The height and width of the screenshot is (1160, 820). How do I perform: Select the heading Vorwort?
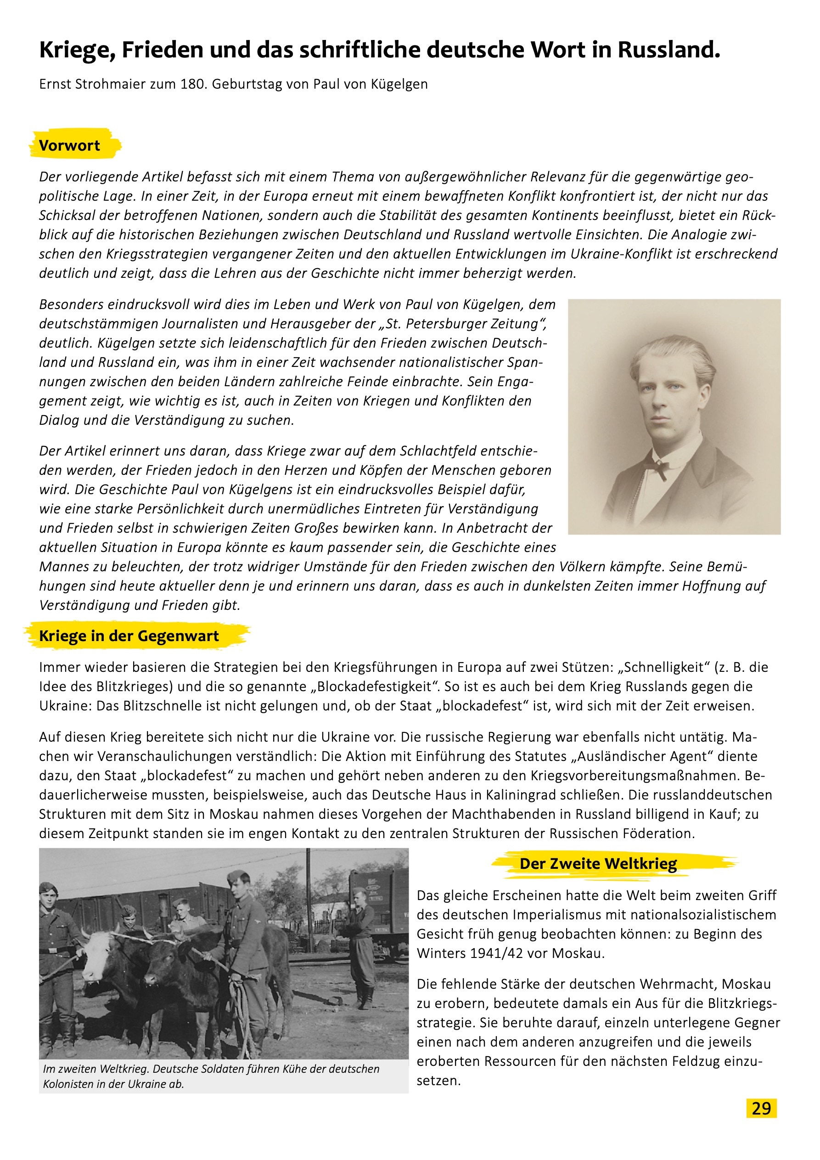coord(70,146)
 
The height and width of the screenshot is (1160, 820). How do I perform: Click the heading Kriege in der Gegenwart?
coord(129,636)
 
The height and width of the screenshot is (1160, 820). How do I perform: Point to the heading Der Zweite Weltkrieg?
coord(598,863)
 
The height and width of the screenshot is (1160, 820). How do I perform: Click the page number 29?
coord(761,1108)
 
